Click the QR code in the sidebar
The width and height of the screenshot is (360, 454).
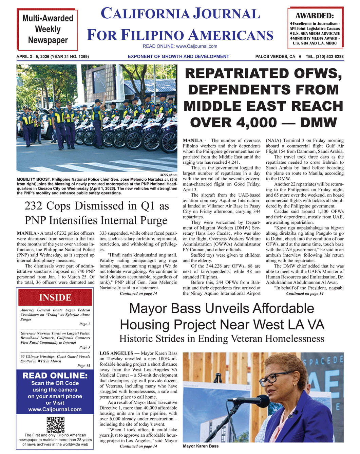click(55, 424)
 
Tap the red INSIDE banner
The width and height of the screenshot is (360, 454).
click(55, 297)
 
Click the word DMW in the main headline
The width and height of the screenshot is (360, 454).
click(319, 123)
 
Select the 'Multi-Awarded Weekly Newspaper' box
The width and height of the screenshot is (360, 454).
click(48, 30)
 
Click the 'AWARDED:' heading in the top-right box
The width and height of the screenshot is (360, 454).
click(315, 16)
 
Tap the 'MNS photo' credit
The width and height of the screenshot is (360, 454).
click(168, 175)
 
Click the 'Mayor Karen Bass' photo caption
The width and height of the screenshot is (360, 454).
click(201, 446)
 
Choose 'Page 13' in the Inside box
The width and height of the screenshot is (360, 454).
click(84, 366)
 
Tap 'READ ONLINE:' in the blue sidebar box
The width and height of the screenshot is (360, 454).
click(55, 376)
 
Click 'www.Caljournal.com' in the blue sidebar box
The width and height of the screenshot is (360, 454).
click(55, 410)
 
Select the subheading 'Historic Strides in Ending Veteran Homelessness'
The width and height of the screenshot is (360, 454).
click(222, 339)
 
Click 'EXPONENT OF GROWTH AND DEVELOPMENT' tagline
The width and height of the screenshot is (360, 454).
click(178, 57)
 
